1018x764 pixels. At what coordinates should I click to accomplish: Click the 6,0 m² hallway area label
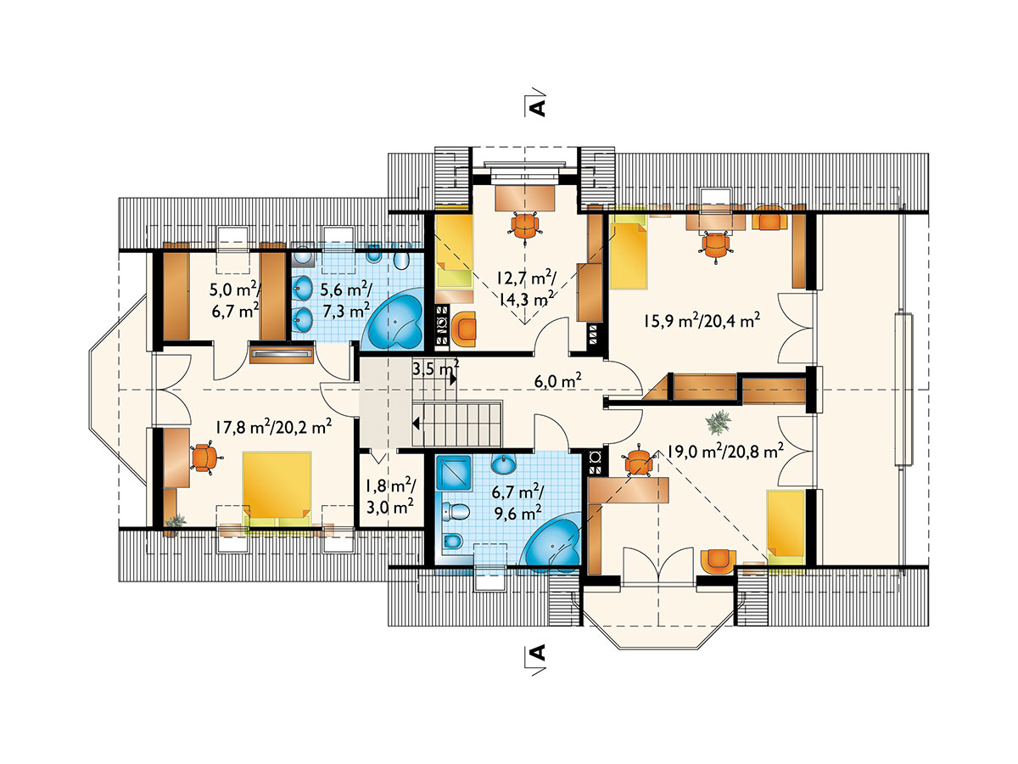558,381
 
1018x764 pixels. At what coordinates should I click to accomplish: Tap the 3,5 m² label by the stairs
435,368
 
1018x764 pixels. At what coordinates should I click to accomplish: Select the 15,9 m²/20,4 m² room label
702,320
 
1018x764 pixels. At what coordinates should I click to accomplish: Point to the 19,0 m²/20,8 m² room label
726,450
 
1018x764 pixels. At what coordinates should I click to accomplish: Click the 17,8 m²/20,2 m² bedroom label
274,426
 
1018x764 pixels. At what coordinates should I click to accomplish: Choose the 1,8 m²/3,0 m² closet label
390,497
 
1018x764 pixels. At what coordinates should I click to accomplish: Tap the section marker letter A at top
537,108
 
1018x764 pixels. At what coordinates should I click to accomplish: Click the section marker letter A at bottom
537,653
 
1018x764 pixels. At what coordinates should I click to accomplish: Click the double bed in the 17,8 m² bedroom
277,491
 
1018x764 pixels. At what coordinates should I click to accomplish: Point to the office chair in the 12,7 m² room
525,226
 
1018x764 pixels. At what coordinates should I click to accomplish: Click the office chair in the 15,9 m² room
715,245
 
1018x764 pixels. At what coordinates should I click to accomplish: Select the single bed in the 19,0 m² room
785,527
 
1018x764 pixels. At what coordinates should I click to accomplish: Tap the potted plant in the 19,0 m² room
718,422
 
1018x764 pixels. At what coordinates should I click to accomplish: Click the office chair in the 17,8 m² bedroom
203,458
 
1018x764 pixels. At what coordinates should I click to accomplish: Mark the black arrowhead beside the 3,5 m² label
453,379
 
